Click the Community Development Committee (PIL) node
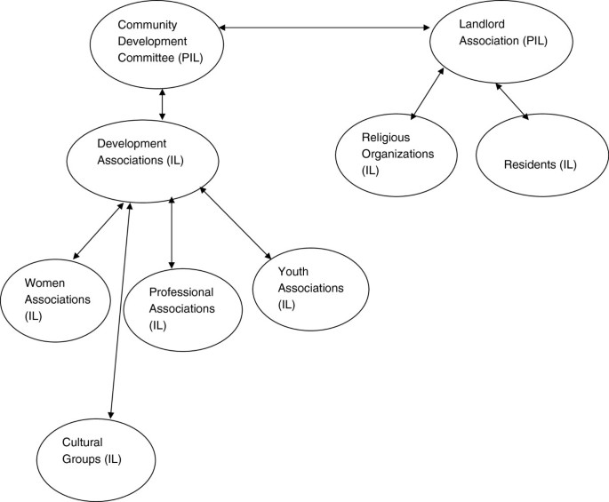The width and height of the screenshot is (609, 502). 156,44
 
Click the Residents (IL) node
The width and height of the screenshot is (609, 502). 539,163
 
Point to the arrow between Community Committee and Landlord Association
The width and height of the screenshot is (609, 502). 325,28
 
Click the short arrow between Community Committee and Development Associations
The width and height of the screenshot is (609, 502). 161,103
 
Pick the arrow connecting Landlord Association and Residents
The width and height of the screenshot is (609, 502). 513,101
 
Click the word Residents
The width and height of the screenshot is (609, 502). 527,164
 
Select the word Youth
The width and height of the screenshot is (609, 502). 293,271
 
